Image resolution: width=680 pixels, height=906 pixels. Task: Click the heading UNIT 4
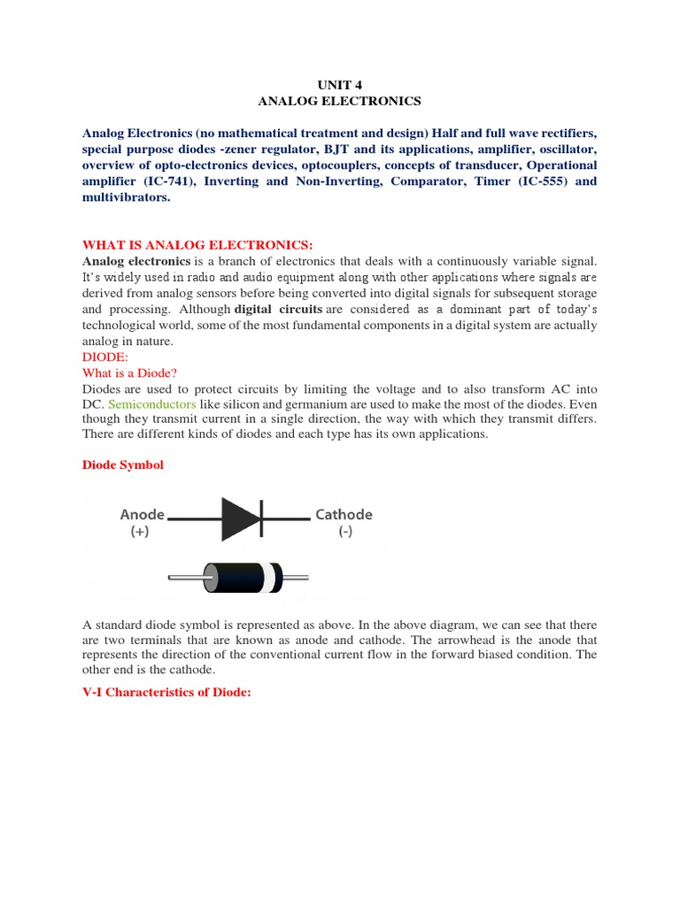pyautogui.click(x=339, y=85)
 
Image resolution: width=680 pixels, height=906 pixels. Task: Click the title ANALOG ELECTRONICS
pyautogui.click(x=339, y=101)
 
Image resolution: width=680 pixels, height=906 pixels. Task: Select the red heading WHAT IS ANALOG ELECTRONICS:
pyautogui.click(x=197, y=244)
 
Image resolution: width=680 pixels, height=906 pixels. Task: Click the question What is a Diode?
pyautogui.click(x=135, y=373)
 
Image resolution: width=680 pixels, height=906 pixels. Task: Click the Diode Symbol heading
pyautogui.click(x=123, y=465)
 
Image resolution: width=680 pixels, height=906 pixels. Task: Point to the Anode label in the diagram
pyautogui.click(x=142, y=514)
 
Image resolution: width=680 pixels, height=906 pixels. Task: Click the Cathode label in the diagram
pyautogui.click(x=344, y=514)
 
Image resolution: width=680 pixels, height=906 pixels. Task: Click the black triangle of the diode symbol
pyautogui.click(x=237, y=519)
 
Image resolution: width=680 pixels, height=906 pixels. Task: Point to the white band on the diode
pyautogui.click(x=276, y=579)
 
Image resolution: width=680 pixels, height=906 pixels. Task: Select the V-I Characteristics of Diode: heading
pyautogui.click(x=167, y=693)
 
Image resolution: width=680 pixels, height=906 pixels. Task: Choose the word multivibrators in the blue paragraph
pyautogui.click(x=125, y=198)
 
